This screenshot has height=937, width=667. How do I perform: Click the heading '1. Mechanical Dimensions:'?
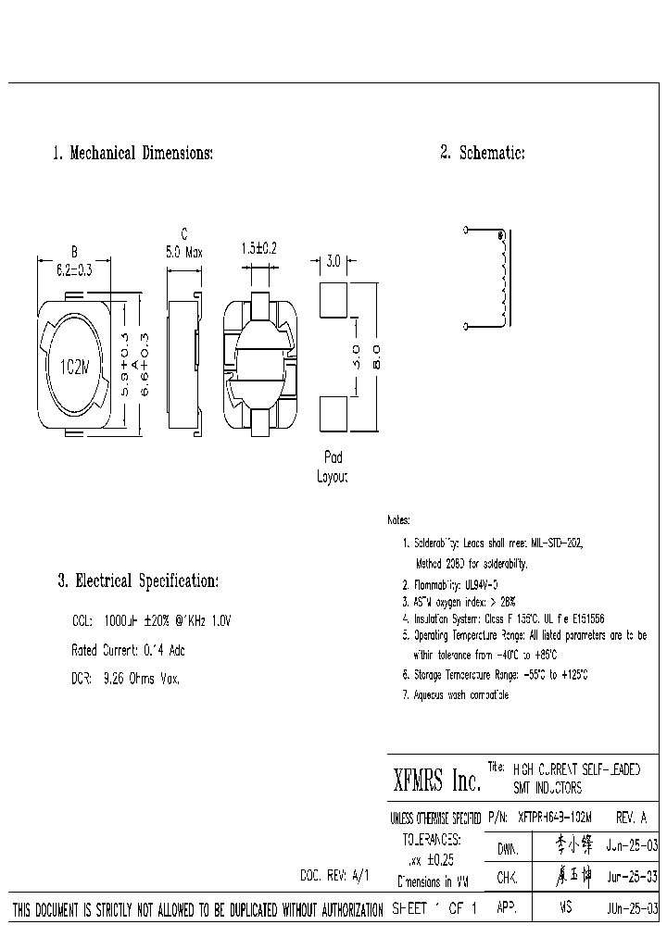(132, 153)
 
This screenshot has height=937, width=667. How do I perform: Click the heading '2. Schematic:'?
(483, 153)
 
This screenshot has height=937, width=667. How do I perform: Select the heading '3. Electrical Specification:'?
(138, 581)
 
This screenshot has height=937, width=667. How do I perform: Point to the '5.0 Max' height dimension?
(183, 252)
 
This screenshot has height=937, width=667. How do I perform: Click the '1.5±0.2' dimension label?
(259, 249)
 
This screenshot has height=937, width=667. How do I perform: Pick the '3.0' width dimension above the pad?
(333, 262)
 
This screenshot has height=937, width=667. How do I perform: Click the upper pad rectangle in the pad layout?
(333, 297)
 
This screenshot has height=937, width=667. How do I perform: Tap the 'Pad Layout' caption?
(332, 468)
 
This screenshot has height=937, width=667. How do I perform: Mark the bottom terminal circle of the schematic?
(465, 326)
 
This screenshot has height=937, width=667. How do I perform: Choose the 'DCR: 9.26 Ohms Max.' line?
(125, 679)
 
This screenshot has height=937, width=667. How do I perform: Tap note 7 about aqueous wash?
(456, 694)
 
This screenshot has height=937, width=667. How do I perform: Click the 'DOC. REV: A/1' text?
(334, 874)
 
